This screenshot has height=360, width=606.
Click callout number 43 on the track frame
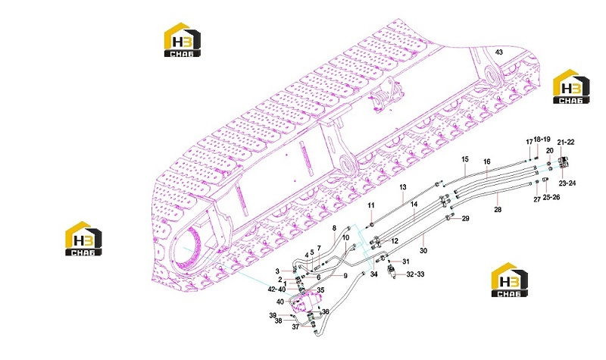point(499,52)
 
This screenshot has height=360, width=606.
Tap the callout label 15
point(465,159)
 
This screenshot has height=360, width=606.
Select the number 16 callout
point(487,161)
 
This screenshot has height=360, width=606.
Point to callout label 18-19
point(542,139)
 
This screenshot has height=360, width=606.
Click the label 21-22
point(566,142)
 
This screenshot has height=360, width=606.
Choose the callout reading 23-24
point(567,183)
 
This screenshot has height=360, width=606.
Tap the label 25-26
point(551,197)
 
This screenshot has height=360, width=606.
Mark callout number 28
point(498,210)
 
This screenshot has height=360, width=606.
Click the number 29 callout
point(466,218)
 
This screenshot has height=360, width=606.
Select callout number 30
point(423,251)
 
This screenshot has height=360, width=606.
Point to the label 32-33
point(415,274)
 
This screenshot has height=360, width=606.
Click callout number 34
point(373,274)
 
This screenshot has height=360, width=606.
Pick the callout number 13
point(403,187)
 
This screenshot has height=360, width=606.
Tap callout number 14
point(414,204)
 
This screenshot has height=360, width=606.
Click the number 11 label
point(371,205)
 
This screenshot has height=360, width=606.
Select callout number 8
point(334,228)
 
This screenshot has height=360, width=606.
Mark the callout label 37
point(295,327)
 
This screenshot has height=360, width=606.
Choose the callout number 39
point(273,315)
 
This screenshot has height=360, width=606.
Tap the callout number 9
point(345,276)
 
